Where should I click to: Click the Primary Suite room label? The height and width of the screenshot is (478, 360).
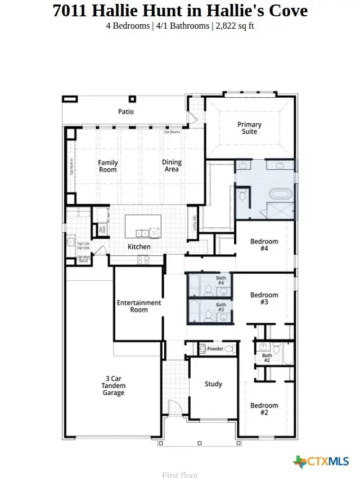click(249, 128)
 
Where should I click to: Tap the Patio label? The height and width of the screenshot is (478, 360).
click(126, 111)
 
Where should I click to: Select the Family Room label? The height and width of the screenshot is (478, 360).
click(107, 166)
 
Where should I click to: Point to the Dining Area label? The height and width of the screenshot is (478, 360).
click(172, 166)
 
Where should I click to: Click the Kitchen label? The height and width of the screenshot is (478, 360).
click(139, 247)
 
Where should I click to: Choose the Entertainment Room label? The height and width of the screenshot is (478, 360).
click(139, 306)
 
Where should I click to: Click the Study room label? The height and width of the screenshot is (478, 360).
click(213, 384)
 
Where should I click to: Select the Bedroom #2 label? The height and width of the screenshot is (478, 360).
click(264, 409)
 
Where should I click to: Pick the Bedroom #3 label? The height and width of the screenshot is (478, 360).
click(264, 299)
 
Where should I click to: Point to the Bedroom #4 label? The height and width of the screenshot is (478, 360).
click(264, 245)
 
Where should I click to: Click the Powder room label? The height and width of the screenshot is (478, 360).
click(215, 349)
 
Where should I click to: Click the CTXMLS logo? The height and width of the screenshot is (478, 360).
click(321, 462)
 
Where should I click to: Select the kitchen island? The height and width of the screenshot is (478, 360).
click(143, 226)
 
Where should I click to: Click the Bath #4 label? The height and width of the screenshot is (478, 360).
click(221, 280)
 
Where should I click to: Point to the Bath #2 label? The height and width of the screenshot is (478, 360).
click(267, 358)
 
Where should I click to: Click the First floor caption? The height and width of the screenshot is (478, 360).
click(180, 475)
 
